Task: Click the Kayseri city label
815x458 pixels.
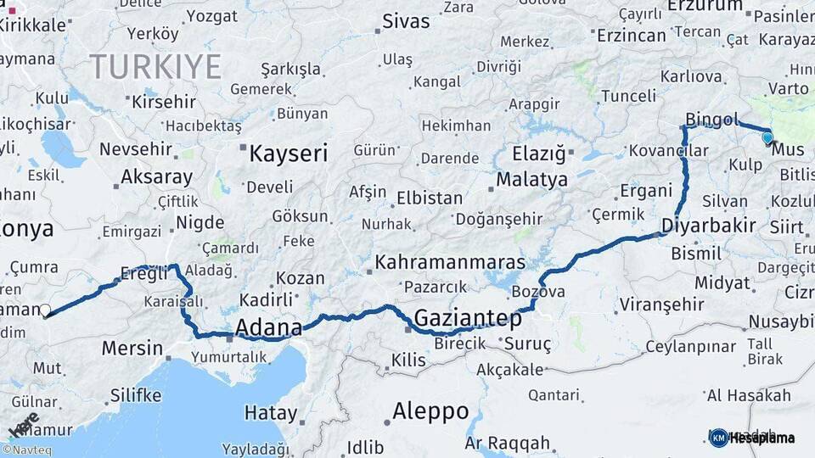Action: [289, 154]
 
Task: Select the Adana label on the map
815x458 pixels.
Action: [268, 327]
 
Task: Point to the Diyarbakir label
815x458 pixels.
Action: [709, 226]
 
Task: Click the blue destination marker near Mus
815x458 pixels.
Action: [767, 137]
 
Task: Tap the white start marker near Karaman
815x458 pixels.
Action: [45, 310]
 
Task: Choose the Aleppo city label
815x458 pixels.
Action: [430, 411]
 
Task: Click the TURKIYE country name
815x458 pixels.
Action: [155, 66]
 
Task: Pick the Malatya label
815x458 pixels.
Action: [531, 180]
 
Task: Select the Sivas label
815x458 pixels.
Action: [407, 21]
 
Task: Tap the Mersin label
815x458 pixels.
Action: [132, 348]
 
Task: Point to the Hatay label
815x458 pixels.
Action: [271, 414]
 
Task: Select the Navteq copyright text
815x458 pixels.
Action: [26, 450]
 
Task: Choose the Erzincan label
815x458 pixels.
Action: [631, 36]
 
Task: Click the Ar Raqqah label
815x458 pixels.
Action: [507, 443]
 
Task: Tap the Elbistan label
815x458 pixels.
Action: [430, 198]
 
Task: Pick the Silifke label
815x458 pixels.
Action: [136, 395]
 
